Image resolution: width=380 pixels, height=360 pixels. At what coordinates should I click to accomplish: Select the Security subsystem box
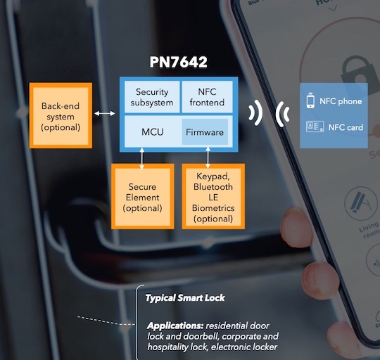pos(152,98)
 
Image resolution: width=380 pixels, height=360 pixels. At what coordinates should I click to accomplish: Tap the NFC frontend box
pos(207,98)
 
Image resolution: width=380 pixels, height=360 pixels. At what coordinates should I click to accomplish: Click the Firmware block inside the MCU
pos(205,132)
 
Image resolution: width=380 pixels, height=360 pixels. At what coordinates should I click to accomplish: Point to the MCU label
pos(153,132)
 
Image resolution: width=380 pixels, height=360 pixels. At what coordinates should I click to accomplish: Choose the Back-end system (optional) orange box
pos(61,117)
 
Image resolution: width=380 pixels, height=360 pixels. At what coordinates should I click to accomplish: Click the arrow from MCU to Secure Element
pos(143,158)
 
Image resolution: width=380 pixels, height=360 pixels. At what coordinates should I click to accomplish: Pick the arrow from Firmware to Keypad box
pos(208,156)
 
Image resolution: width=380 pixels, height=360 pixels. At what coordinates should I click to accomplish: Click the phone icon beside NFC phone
pos(310,101)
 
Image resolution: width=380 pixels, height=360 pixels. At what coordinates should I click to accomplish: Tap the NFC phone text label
pos(341,101)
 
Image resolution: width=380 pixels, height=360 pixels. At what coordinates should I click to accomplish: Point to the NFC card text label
pos(338,127)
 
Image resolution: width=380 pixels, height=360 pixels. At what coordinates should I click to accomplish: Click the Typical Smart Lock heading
pos(185,297)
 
